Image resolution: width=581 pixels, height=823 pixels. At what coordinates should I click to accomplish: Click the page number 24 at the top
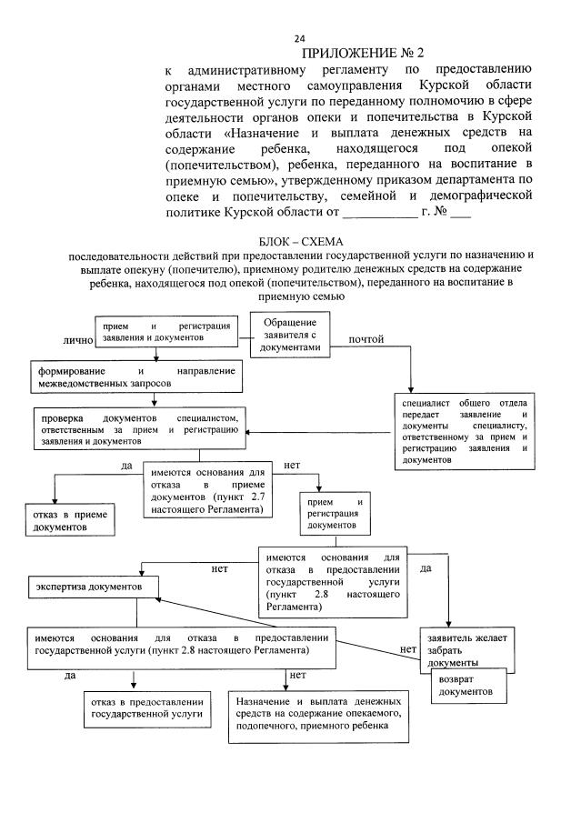[x=299, y=38]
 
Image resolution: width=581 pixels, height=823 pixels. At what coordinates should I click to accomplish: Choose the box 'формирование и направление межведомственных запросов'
[x=135, y=376]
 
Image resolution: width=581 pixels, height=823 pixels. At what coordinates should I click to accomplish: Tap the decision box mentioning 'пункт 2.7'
[x=207, y=492]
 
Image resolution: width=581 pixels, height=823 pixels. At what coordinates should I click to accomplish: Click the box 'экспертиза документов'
[x=92, y=587]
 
